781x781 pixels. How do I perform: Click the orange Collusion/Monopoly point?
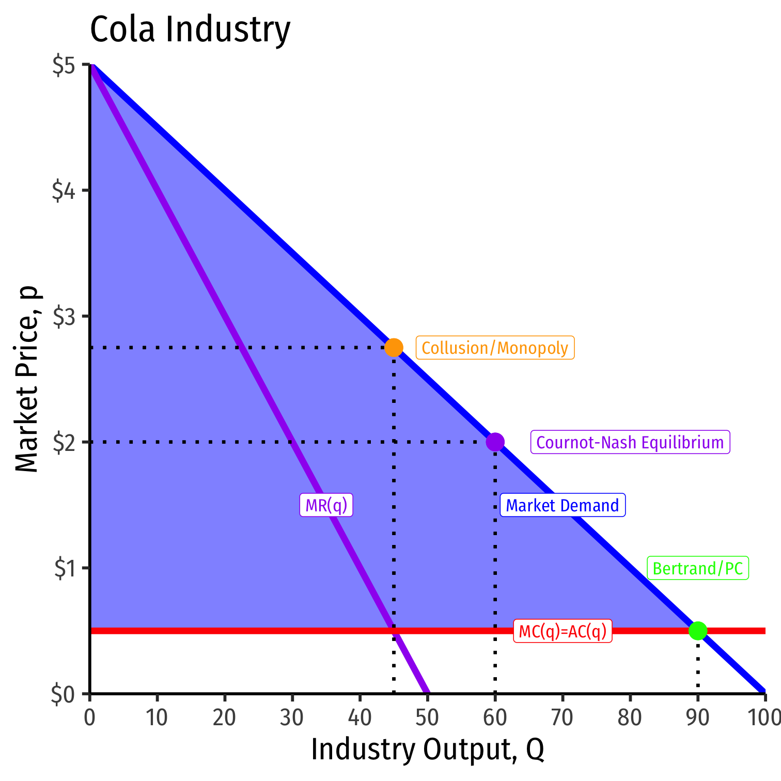[x=394, y=348]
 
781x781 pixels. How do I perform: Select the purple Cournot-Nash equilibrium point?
[x=495, y=442]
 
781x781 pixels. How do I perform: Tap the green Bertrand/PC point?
[x=698, y=630]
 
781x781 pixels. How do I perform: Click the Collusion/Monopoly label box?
[x=495, y=348]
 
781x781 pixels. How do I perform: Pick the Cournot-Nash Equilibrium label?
[x=630, y=443]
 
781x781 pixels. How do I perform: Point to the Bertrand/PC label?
[x=698, y=569]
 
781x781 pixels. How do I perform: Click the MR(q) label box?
[x=326, y=505]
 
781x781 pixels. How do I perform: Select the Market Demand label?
[x=563, y=505]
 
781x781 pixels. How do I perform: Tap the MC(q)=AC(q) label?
[x=563, y=631]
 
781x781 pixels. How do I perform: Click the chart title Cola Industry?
[x=190, y=29]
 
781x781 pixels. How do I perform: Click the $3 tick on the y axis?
[x=65, y=317]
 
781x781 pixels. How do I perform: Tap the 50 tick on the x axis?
[x=427, y=718]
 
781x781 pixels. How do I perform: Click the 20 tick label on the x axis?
[x=225, y=718]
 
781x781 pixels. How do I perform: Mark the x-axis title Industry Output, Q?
[x=427, y=750]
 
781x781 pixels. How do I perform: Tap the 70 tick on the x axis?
[x=563, y=718]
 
